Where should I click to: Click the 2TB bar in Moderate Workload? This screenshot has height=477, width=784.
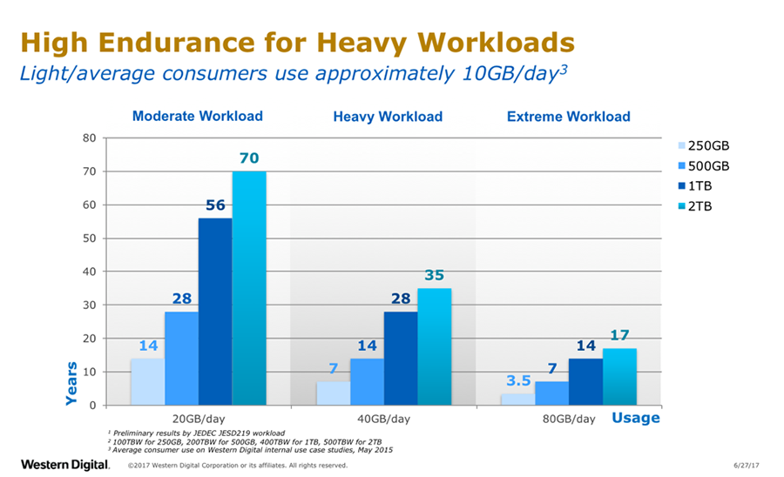pyautogui.click(x=249, y=288)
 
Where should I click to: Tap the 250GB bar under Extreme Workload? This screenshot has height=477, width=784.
pyautogui.click(x=518, y=400)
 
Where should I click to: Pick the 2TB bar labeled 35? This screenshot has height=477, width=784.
pyautogui.click(x=435, y=346)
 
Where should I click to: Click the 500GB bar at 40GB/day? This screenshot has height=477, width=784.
pyautogui.click(x=367, y=382)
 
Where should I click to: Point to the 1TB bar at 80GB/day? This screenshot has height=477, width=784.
pyautogui.click(x=586, y=382)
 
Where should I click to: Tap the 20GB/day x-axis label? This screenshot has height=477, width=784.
pyautogui.click(x=199, y=420)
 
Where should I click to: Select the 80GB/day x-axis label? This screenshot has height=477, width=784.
pyautogui.click(x=570, y=420)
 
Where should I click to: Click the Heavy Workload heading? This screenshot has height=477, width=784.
pyautogui.click(x=388, y=117)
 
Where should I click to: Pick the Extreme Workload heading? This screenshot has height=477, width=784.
pyautogui.click(x=568, y=117)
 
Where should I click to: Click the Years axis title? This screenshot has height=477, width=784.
pyautogui.click(x=73, y=383)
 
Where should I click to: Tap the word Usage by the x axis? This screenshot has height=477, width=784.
pyautogui.click(x=635, y=419)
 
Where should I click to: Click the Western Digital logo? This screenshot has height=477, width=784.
pyautogui.click(x=65, y=464)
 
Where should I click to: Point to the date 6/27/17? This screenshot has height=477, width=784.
pyautogui.click(x=747, y=466)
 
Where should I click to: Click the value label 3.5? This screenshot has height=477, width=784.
pyautogui.click(x=518, y=381)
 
